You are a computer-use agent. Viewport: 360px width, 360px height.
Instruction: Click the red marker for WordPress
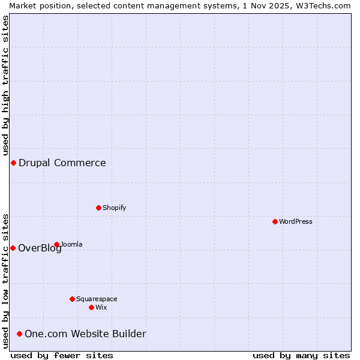[x=275, y=221]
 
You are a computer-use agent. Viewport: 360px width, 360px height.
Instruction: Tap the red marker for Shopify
[x=98, y=208]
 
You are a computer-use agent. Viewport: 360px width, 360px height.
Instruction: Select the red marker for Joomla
[x=57, y=244]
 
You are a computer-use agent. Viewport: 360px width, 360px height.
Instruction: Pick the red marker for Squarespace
[x=72, y=299]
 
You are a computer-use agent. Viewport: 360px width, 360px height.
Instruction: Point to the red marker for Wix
[x=91, y=307]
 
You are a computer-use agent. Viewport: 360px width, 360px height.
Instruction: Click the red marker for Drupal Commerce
[x=13, y=163]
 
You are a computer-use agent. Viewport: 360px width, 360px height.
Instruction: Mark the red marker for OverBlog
[x=13, y=248]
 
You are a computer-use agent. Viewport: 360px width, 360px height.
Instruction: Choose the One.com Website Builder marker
[x=20, y=334]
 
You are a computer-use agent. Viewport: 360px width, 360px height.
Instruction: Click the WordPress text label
[x=296, y=221]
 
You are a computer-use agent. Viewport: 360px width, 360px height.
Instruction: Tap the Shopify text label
[x=114, y=208]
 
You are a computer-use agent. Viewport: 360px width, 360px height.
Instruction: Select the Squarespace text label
[x=97, y=299]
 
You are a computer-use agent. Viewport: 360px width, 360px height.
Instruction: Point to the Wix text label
[x=101, y=307]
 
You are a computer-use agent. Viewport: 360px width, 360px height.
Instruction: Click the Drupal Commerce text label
[x=62, y=163]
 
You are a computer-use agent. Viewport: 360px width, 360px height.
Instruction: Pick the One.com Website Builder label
[x=85, y=334]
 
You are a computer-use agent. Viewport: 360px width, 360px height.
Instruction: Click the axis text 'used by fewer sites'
[x=62, y=355]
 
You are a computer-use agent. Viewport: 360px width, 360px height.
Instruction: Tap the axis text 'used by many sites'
[x=301, y=355]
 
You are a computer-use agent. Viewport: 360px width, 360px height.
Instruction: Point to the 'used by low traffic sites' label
[x=5, y=281]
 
